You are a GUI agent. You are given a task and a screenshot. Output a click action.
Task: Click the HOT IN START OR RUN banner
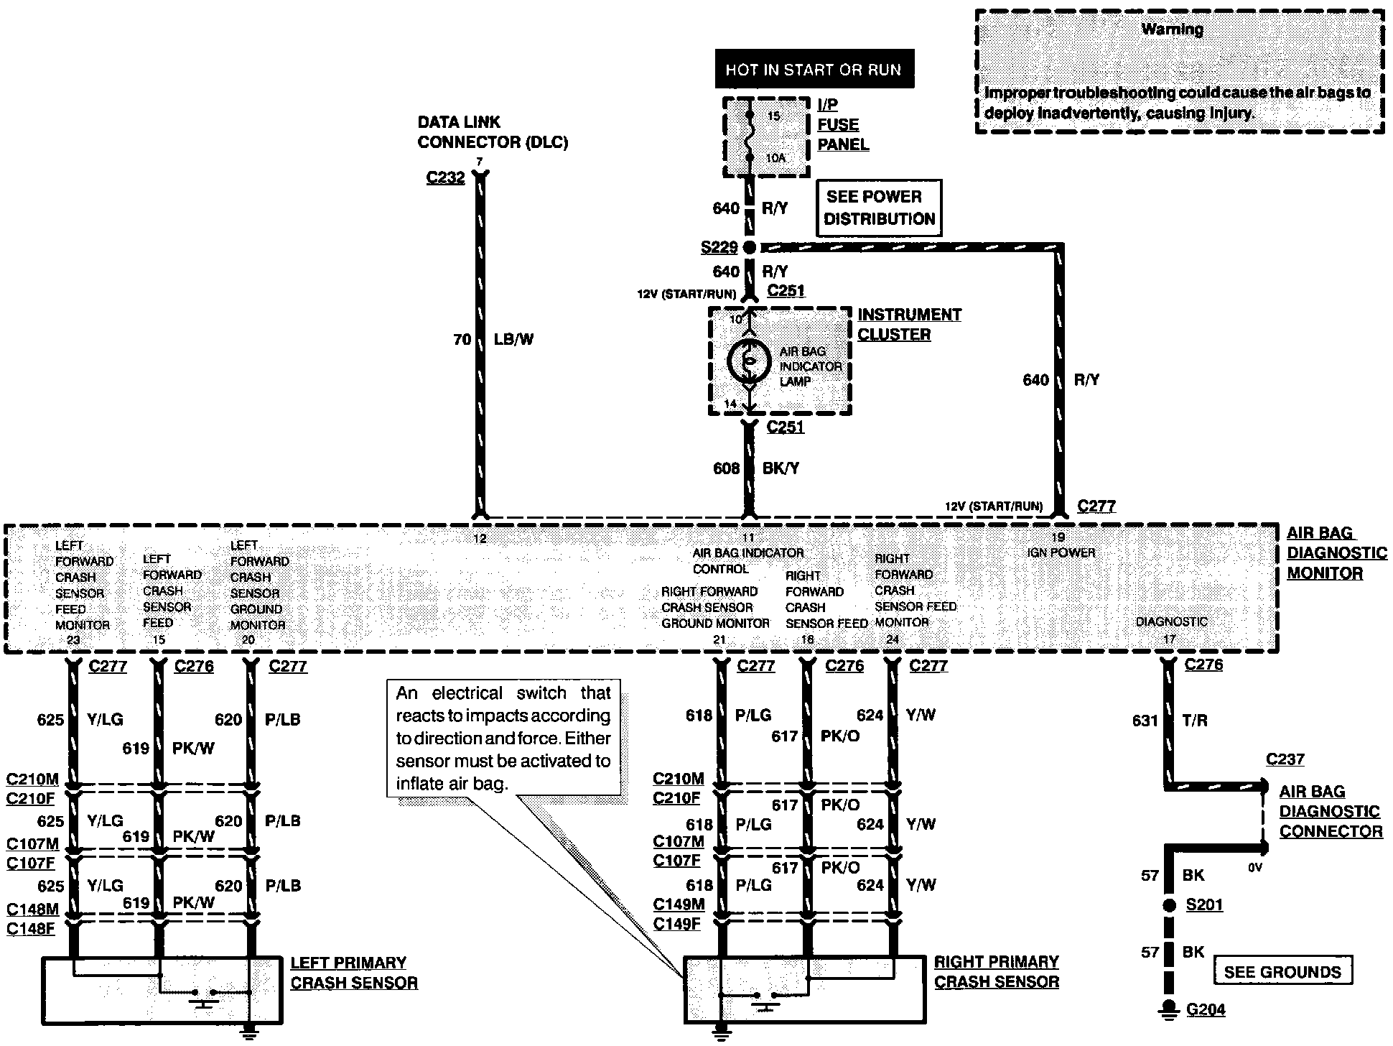tap(813, 70)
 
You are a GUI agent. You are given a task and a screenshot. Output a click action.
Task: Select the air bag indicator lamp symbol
tap(749, 361)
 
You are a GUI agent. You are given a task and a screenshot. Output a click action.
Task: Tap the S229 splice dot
tap(749, 248)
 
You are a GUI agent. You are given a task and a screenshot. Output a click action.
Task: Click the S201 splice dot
tap(1170, 905)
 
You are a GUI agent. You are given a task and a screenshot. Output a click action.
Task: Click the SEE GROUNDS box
tap(1282, 971)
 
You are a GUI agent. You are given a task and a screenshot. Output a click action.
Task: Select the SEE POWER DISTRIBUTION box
tap(879, 208)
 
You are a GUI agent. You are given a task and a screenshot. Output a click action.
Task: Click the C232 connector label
tap(445, 177)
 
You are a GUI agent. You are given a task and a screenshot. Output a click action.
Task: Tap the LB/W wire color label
tap(514, 339)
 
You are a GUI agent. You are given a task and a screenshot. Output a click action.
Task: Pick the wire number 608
tap(726, 468)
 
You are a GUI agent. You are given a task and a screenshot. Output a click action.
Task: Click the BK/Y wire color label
tap(781, 468)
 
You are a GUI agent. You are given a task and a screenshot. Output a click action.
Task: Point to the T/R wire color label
tap(1195, 721)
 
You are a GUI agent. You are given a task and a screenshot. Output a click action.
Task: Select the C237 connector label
tap(1285, 759)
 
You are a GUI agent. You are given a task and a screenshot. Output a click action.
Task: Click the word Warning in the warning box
tap(1172, 29)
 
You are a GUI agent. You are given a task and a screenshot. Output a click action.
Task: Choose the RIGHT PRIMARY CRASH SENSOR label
tap(996, 971)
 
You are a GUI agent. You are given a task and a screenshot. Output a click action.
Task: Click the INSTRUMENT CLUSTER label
tap(909, 325)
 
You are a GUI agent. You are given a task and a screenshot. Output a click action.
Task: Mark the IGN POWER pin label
tap(1061, 552)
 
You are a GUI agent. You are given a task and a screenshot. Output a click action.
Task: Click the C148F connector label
tap(31, 928)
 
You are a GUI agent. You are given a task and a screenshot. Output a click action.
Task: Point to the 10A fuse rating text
tap(775, 157)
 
